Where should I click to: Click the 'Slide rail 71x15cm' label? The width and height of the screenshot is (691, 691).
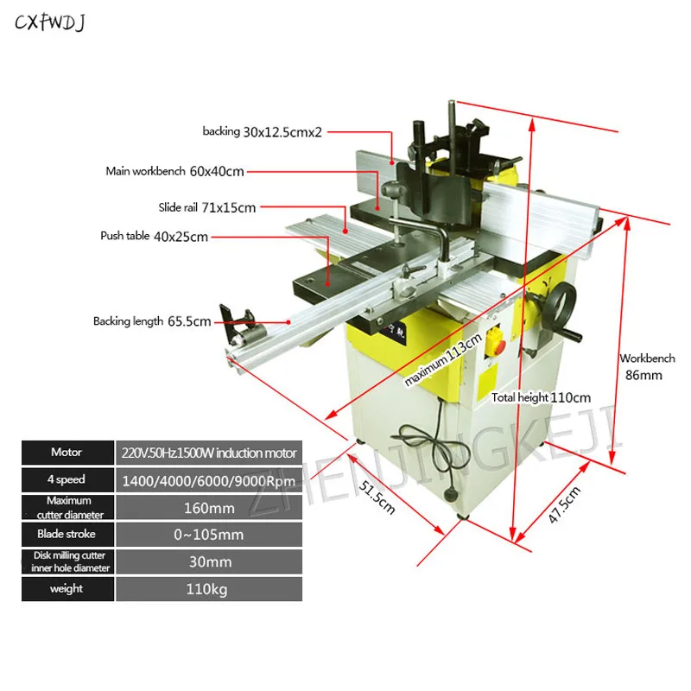coord(206,207)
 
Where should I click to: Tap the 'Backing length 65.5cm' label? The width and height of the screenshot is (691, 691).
coord(152,321)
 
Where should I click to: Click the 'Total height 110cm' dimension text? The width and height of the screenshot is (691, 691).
coord(541,397)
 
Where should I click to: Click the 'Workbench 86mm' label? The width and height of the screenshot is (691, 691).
coord(645,366)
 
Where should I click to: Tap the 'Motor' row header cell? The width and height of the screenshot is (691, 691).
coord(67,453)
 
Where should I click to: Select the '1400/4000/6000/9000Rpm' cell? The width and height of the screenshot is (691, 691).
coord(208,480)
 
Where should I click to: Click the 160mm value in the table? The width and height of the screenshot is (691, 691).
coord(208,507)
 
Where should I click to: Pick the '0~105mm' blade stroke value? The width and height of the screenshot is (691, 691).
coord(208,535)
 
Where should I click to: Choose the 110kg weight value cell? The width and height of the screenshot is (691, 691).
coord(208,589)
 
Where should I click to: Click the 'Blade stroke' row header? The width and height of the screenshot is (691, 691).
coord(67,535)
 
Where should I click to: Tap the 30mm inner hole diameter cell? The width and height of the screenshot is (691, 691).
coord(208,561)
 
